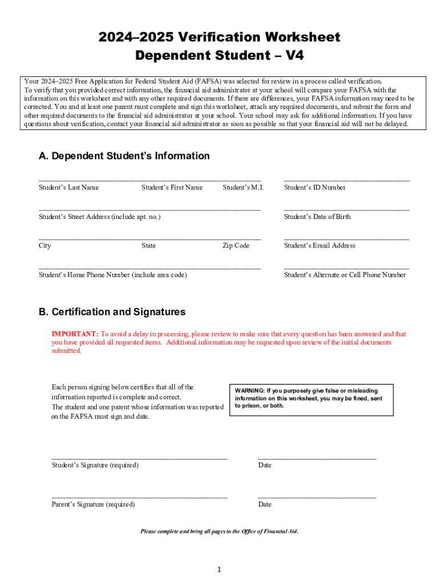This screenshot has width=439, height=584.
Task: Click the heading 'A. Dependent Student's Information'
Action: click(124, 156)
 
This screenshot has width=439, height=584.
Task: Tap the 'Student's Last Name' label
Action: click(68, 188)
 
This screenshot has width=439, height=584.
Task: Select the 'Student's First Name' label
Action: click(172, 188)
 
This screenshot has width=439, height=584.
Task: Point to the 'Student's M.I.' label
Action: click(243, 188)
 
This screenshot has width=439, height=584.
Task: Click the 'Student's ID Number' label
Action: click(315, 188)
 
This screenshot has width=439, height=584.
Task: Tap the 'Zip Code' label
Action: click(236, 246)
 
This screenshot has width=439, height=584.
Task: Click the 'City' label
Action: click(45, 246)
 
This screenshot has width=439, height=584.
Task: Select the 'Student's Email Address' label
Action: click(319, 246)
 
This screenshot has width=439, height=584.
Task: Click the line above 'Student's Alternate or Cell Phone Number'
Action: click(346, 268)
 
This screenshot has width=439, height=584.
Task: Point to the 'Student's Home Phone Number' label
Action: click(112, 275)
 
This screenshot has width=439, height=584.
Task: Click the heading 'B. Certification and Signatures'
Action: click(112, 312)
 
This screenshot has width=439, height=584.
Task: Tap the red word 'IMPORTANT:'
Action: click(75, 334)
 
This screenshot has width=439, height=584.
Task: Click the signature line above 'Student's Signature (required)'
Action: click(139, 459)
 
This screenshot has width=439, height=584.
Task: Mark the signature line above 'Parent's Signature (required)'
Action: click(139, 498)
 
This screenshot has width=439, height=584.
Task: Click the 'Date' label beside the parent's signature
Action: click(265, 505)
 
